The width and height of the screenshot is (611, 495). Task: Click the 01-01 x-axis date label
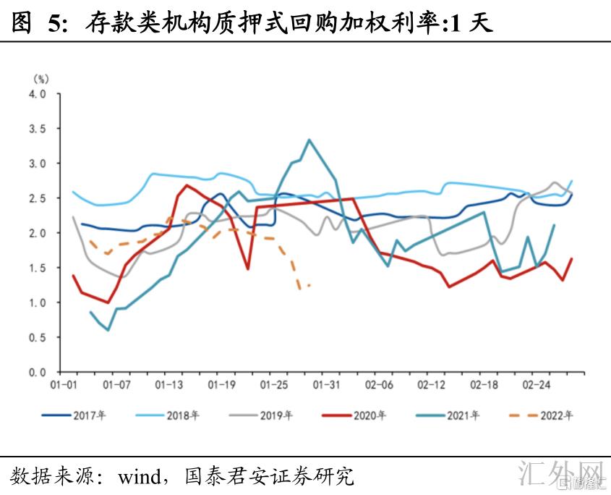click(x=65, y=384)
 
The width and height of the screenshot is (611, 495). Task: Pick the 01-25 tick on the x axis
click(x=274, y=384)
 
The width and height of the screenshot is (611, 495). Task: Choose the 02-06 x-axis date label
click(x=379, y=384)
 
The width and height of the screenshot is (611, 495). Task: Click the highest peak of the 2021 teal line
click(x=309, y=140)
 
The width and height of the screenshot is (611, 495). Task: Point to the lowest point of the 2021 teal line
click(x=108, y=330)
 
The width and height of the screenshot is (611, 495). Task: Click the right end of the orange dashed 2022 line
click(x=310, y=285)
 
